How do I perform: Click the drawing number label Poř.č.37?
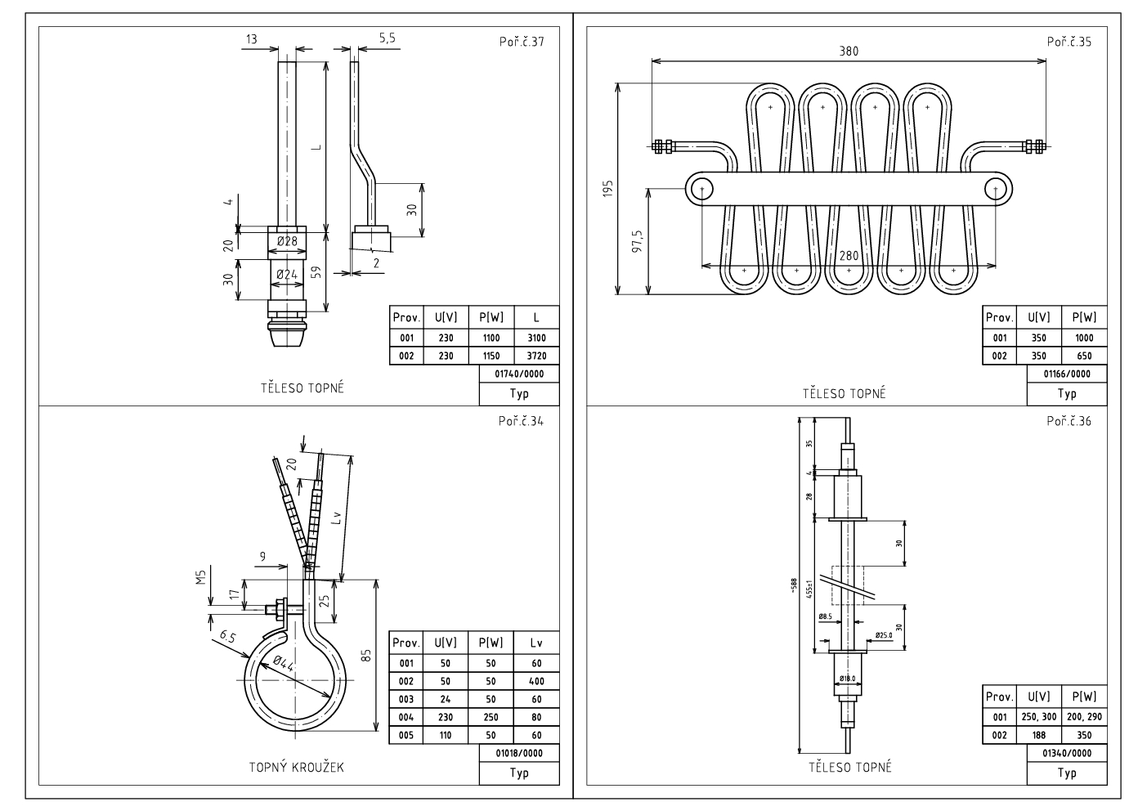(521, 42)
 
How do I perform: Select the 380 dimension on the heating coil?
(849, 51)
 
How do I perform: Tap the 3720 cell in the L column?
(537, 356)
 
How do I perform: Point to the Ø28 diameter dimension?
(286, 240)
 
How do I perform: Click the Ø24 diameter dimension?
(286, 274)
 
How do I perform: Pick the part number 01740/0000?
(519, 374)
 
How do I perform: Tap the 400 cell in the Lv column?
(536, 681)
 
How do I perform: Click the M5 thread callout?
(199, 579)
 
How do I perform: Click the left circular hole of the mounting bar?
(701, 190)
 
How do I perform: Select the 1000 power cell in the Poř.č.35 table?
(1084, 338)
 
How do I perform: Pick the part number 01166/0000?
(1067, 374)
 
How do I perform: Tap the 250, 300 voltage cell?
(1038, 717)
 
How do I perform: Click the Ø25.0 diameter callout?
(884, 634)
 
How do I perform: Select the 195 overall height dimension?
(607, 189)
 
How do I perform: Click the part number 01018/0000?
(519, 753)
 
